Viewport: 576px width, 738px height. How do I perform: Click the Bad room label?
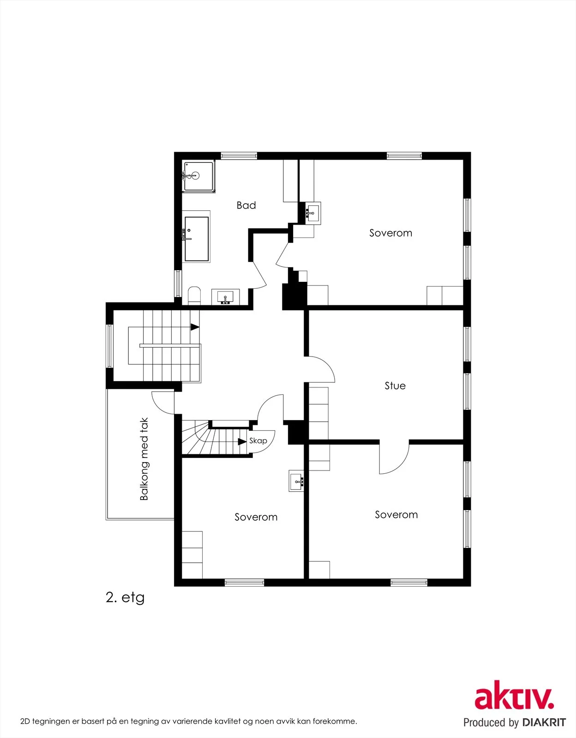pos(246,205)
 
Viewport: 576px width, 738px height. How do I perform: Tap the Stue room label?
pos(395,386)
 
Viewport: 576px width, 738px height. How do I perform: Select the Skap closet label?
pos(258,441)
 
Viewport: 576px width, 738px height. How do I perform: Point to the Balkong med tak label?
pos(144,459)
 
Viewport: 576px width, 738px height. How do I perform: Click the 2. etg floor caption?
pos(125,597)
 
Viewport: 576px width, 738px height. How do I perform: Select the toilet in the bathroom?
pos(194,296)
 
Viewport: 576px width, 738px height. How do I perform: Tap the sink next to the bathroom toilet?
pos(225,297)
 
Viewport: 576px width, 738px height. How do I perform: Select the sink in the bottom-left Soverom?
pos(296,481)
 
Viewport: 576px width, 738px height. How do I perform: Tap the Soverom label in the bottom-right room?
pos(396,515)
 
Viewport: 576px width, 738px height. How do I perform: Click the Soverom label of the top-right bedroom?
pos(390,232)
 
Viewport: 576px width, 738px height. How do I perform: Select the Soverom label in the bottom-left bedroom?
pos(256,517)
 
